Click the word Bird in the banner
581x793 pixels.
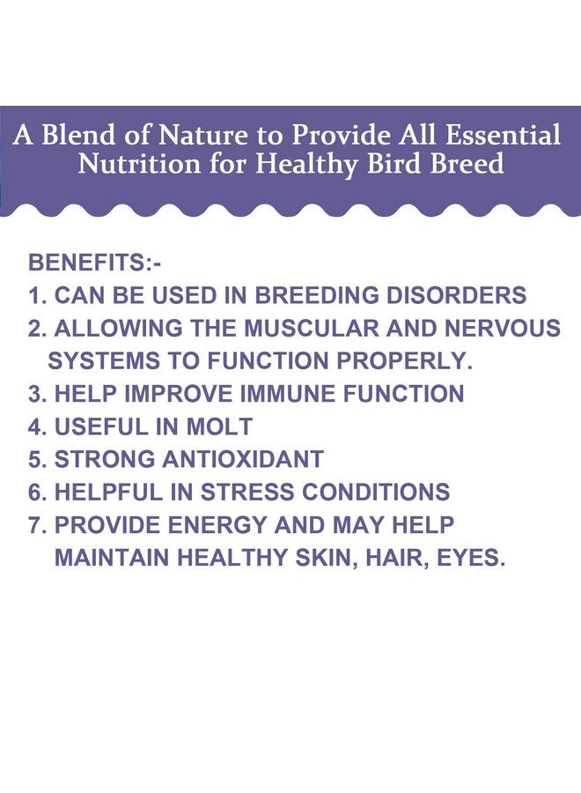click(401, 164)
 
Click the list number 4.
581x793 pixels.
click(34, 426)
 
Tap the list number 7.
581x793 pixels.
click(34, 524)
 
